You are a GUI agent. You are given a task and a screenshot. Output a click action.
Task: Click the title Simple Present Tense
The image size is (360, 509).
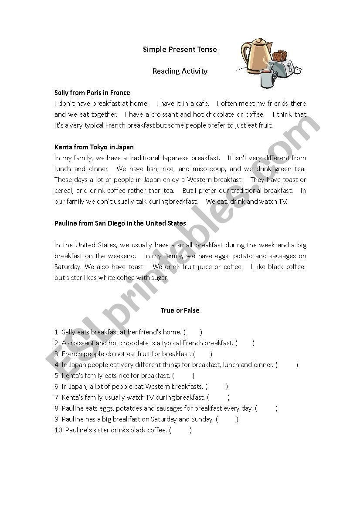[x=180, y=49]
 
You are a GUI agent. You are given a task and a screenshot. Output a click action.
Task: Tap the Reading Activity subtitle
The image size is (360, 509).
[x=180, y=71]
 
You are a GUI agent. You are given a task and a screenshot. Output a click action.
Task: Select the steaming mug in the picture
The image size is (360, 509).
[x=268, y=78]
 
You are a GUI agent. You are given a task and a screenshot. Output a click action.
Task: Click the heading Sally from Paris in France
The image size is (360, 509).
[x=92, y=93]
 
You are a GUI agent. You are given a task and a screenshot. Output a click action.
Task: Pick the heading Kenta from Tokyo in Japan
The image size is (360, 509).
[x=94, y=147]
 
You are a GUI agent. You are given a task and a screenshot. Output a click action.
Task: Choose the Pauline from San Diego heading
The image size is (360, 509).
[x=120, y=223]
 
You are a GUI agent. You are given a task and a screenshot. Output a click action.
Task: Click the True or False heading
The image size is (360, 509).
[x=180, y=310]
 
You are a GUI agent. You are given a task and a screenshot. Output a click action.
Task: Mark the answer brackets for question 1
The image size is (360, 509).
[x=193, y=332]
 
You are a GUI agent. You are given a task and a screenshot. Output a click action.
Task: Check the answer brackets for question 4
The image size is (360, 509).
[x=287, y=365]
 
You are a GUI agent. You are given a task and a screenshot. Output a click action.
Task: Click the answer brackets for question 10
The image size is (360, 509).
[x=180, y=430]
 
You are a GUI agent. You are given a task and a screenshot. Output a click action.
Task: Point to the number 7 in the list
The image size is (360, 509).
[x=57, y=398]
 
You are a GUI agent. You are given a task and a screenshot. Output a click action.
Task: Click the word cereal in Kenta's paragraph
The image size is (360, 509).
[x=65, y=191]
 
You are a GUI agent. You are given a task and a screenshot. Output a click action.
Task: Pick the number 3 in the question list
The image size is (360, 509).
[x=57, y=354]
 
